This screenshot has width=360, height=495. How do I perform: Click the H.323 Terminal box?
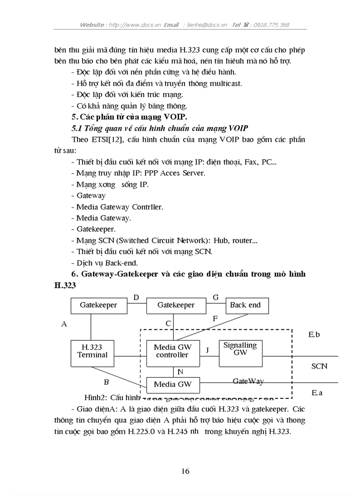coord(92,353)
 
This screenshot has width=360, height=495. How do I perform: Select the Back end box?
coord(245,305)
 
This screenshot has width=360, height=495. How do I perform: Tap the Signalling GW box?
coord(240,353)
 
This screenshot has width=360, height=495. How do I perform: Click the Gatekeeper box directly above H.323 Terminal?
coord(98,305)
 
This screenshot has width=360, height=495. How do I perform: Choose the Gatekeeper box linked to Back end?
coord(176,305)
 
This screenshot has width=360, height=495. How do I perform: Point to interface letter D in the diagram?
coord(136,298)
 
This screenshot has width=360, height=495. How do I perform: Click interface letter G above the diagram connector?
coord(216,298)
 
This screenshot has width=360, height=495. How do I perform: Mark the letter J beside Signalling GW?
coord(207,350)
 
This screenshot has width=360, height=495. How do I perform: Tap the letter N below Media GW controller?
coord(180,372)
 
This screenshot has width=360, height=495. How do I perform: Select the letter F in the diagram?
coord(215,318)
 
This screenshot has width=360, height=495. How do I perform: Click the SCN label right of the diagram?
coord(319,366)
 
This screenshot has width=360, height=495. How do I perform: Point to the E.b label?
coord(314,335)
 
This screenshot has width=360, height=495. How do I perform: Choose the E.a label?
coord(316,392)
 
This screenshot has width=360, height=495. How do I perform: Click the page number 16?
coord(185,471)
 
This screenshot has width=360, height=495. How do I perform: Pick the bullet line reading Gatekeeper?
coord(95,229)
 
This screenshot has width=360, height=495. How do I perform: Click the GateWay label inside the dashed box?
coord(248,381)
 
